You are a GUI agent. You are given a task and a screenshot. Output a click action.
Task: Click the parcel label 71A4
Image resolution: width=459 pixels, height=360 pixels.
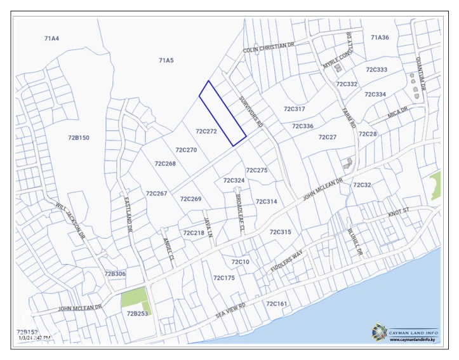click(51, 39)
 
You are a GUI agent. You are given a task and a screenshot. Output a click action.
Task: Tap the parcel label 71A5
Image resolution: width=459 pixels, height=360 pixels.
click(166, 60)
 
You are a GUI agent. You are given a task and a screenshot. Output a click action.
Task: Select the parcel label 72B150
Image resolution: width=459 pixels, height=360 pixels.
click(79, 137)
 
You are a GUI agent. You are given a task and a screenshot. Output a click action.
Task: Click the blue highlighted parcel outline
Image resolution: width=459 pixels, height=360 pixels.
click(222, 113)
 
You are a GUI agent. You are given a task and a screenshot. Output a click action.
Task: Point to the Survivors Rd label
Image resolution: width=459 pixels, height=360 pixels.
click(251, 112)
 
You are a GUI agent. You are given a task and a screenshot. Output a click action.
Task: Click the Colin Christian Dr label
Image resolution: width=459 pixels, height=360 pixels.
click(269, 48)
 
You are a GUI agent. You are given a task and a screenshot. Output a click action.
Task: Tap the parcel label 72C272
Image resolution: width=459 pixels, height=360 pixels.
click(206, 131)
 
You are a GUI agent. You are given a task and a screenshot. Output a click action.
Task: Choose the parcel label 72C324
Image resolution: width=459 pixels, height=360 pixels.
click(234, 180)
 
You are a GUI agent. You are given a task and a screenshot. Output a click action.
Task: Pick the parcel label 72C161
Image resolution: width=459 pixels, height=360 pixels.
click(277, 303)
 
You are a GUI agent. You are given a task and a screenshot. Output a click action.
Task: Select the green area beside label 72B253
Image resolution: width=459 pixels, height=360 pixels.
click(135, 297)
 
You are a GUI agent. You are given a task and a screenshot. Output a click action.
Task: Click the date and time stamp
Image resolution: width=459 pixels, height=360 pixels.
click(35, 338)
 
